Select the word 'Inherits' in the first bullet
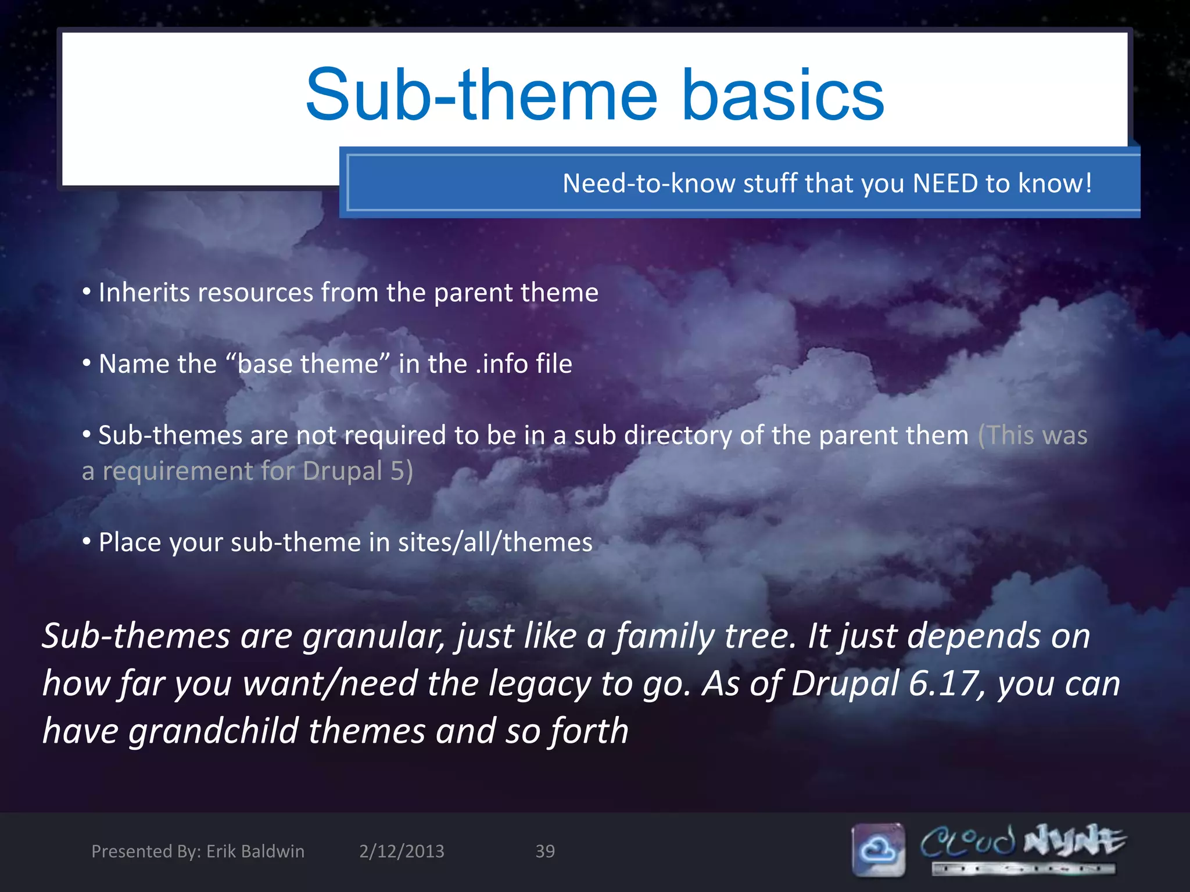point(144,292)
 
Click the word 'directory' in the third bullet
point(678,436)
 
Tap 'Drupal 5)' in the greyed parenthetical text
point(357,471)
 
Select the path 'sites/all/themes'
point(495,542)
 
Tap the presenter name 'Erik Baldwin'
point(255,851)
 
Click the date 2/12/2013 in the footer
point(402,851)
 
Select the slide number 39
point(545,851)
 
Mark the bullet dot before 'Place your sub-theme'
point(87,542)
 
